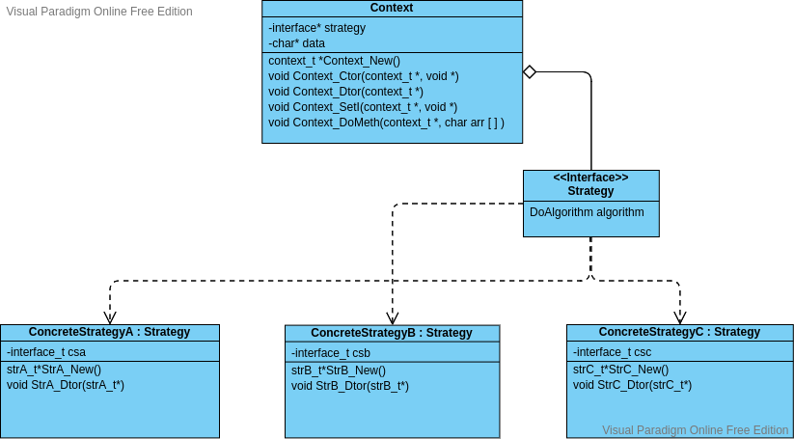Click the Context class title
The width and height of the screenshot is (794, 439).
click(x=392, y=8)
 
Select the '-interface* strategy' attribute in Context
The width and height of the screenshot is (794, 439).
click(x=317, y=28)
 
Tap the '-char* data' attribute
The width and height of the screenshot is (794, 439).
click(x=297, y=43)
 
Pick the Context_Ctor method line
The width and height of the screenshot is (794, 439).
click(x=363, y=76)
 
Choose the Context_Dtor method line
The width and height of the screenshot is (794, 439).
click(x=345, y=92)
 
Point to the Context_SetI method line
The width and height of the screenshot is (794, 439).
click(x=363, y=107)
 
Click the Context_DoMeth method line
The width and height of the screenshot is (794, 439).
click(x=386, y=123)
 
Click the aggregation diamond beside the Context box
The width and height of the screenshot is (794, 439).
click(x=529, y=71)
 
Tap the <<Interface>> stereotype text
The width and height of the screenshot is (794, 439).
click(x=590, y=178)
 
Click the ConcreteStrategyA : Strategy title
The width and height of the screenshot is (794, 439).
click(x=109, y=332)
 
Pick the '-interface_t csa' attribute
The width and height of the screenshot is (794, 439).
click(x=46, y=352)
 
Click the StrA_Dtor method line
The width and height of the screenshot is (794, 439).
click(x=66, y=385)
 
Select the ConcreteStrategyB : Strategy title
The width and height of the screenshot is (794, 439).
click(x=392, y=333)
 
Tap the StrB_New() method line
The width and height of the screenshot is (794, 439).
click(x=339, y=370)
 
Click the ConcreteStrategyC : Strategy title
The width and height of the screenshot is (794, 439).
click(x=679, y=332)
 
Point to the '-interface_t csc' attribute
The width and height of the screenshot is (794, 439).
click(x=612, y=352)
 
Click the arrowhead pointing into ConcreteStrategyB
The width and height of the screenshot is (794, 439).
click(x=392, y=317)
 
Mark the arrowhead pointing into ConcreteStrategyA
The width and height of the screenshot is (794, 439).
click(x=110, y=317)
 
